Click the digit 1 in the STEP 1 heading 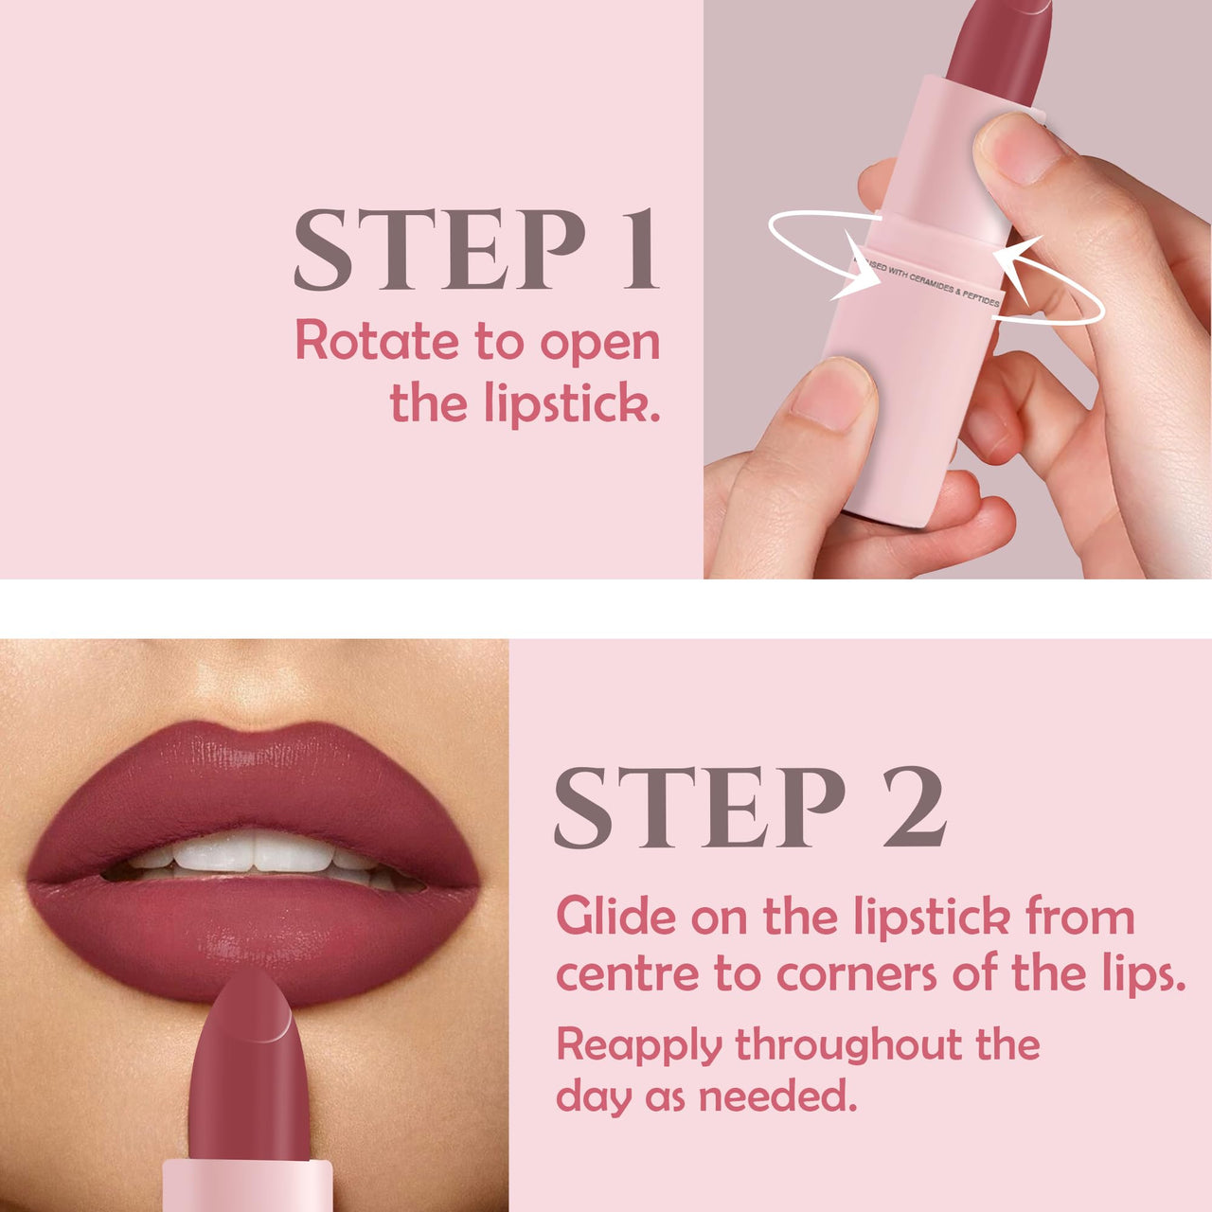pos(639,250)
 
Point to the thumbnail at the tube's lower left pos(833,393)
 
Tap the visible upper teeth pos(254,852)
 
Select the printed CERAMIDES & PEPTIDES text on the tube pos(937,286)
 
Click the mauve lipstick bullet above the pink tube pos(1002,47)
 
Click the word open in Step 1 pos(600,343)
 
